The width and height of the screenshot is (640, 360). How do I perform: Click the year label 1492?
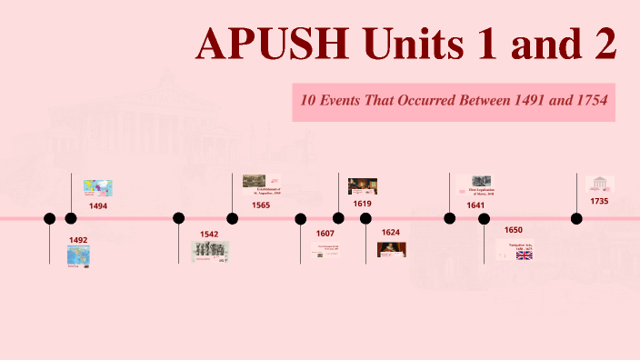coord(78,240)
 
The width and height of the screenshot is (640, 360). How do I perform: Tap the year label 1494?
coord(98,206)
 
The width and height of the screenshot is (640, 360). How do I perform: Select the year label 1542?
coord(209,234)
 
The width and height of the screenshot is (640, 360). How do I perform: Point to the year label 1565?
coord(261,205)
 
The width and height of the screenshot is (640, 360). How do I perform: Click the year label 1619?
coord(363,204)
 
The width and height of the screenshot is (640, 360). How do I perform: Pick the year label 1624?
coord(391,233)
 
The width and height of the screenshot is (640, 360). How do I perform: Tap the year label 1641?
coord(475,205)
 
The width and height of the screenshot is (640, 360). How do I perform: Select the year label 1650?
coord(514,230)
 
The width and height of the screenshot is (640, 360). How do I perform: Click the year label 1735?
coord(599,201)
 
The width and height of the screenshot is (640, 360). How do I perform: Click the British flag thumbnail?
coord(525,255)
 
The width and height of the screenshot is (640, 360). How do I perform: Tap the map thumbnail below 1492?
coord(78,255)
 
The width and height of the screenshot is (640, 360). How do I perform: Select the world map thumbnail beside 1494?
coord(97,187)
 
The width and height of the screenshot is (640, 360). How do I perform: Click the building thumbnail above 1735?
coord(600,184)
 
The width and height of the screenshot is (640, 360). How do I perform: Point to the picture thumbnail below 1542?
coord(210,251)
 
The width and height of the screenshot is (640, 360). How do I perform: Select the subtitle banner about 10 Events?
coord(454,100)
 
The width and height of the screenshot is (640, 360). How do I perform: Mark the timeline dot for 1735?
coord(576,218)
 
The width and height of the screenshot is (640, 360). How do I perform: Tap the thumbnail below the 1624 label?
coord(392,249)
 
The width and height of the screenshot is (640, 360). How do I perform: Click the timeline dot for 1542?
coord(179,218)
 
